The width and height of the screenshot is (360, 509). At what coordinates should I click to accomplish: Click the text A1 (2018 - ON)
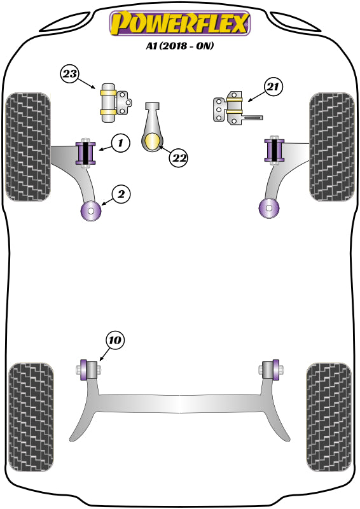pyautogui.click(x=180, y=46)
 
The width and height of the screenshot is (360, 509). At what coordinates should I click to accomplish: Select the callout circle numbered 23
pyautogui.click(x=71, y=75)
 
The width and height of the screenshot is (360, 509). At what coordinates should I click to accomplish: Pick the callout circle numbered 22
pyautogui.click(x=179, y=157)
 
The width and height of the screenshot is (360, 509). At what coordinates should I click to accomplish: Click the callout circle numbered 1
pyautogui.click(x=120, y=143)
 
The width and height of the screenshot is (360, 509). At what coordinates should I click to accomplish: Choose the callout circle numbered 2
pyautogui.click(x=121, y=195)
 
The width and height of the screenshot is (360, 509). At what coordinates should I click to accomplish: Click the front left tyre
pyautogui.click(x=28, y=146)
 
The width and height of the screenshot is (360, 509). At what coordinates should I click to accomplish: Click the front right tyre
pyautogui.click(x=331, y=146)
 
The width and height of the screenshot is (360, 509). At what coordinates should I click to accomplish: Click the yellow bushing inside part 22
pyautogui.click(x=153, y=143)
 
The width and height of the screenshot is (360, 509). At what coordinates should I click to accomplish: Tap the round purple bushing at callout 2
pyautogui.click(x=90, y=211)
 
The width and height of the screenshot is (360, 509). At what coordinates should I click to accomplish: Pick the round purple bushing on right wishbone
pyautogui.click(x=269, y=207)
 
